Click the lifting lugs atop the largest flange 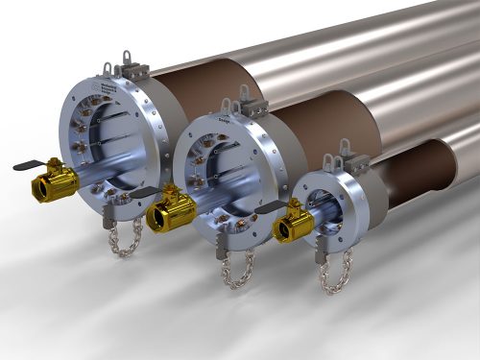coord(124,68)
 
